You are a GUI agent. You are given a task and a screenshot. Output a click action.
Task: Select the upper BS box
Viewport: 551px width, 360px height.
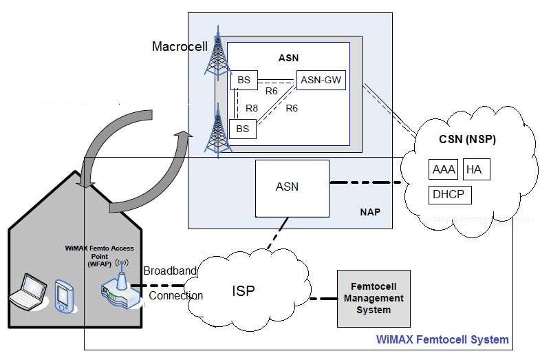[x=244, y=81]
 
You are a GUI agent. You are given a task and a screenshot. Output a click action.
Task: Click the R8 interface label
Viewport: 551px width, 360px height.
[x=252, y=107]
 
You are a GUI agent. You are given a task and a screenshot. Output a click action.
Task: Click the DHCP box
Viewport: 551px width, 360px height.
[x=449, y=195]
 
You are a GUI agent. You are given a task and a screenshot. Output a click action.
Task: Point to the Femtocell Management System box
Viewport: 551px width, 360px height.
[x=372, y=298]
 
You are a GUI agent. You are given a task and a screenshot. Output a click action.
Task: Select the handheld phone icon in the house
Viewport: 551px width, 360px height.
[x=64, y=294]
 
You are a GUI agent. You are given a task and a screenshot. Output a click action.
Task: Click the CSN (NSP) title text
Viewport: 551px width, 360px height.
[x=467, y=140]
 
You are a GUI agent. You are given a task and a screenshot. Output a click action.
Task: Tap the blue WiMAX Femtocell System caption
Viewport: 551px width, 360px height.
[x=442, y=339]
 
